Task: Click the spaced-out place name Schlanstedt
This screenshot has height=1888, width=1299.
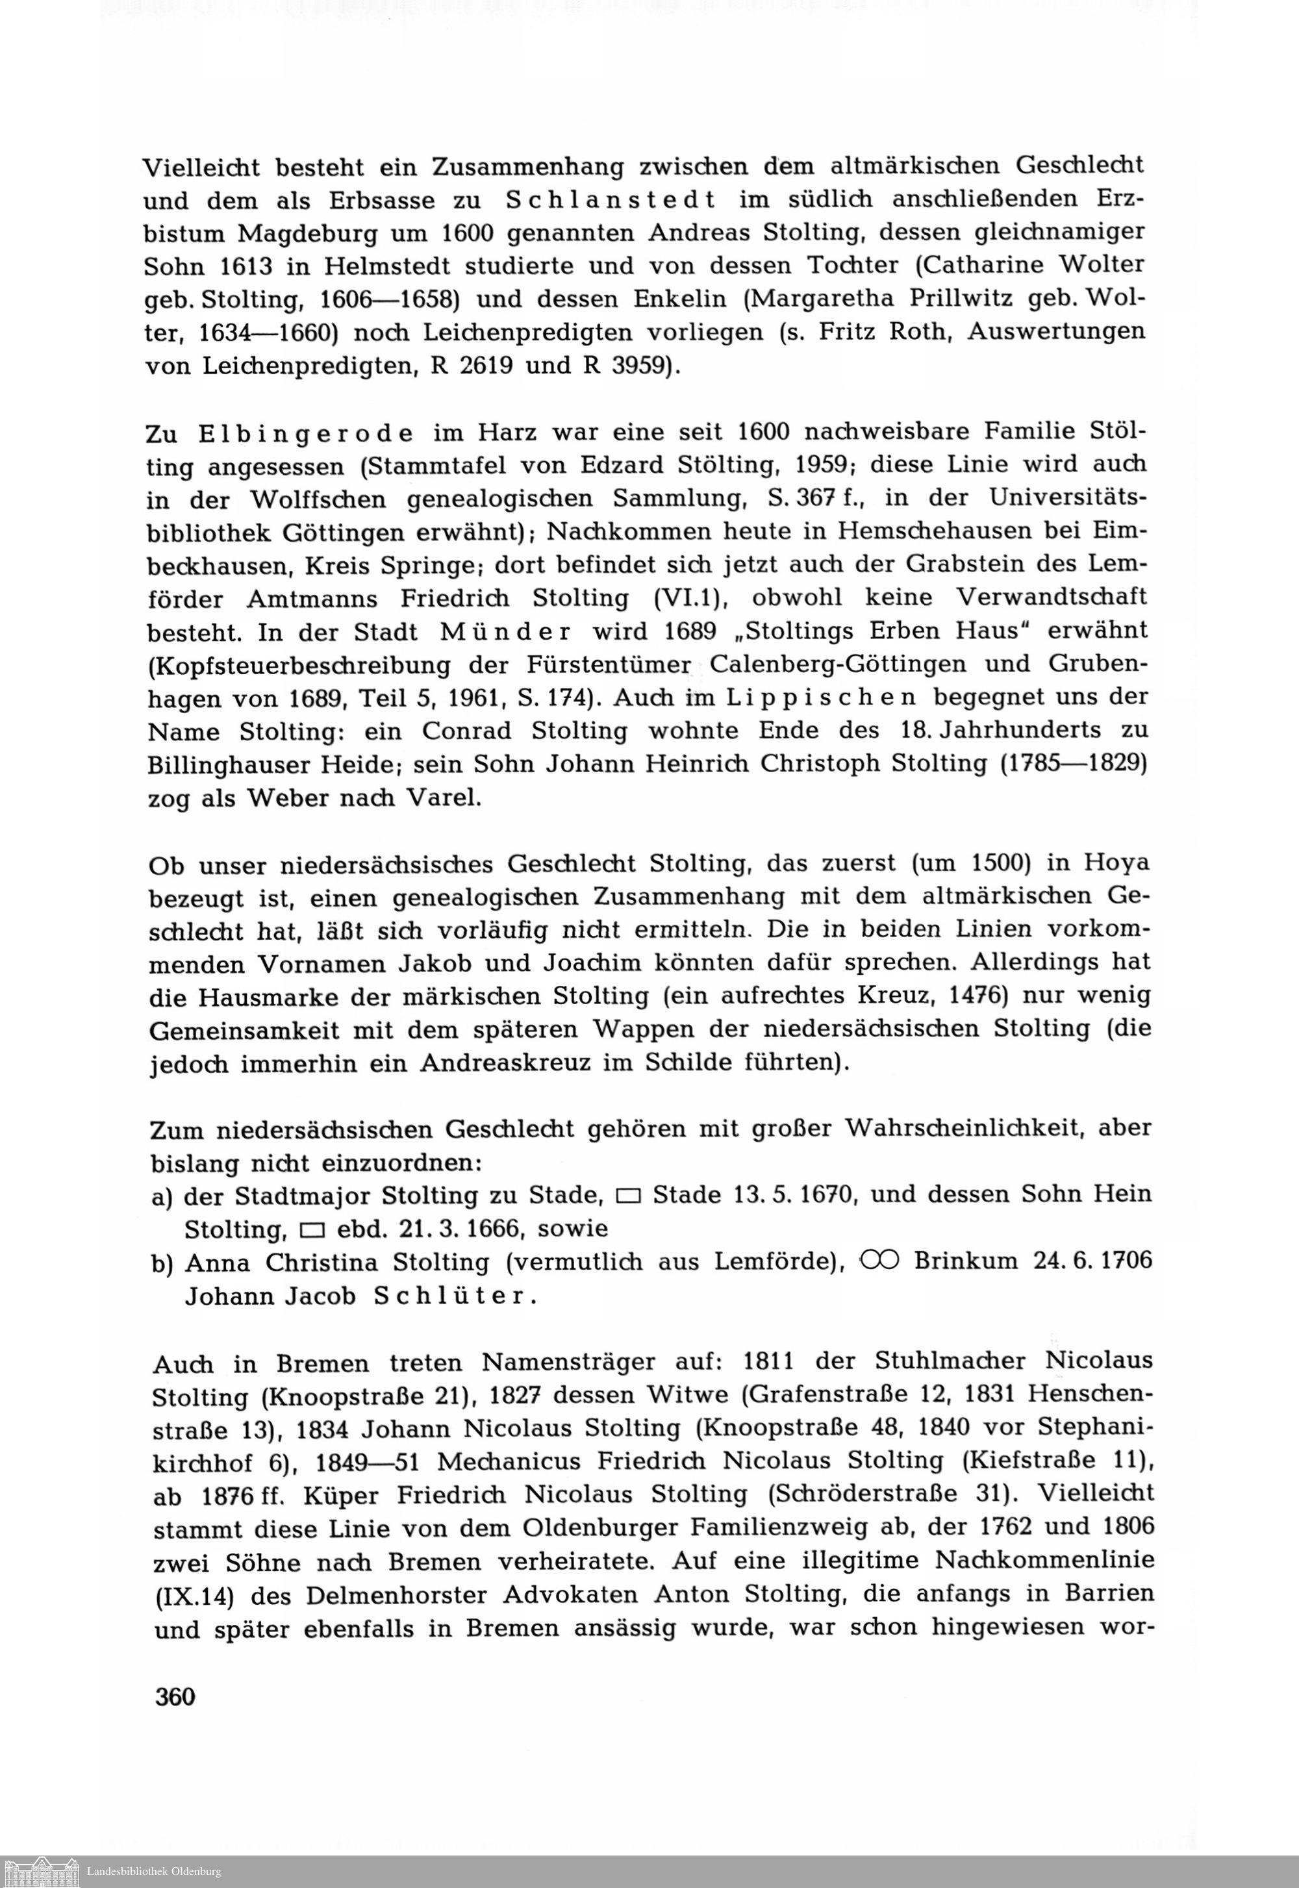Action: point(610,199)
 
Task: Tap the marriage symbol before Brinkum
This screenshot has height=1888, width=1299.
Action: point(877,1261)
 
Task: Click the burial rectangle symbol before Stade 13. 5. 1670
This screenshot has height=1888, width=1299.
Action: point(628,1196)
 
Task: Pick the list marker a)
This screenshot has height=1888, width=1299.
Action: point(164,1196)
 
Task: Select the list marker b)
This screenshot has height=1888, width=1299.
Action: point(164,1264)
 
